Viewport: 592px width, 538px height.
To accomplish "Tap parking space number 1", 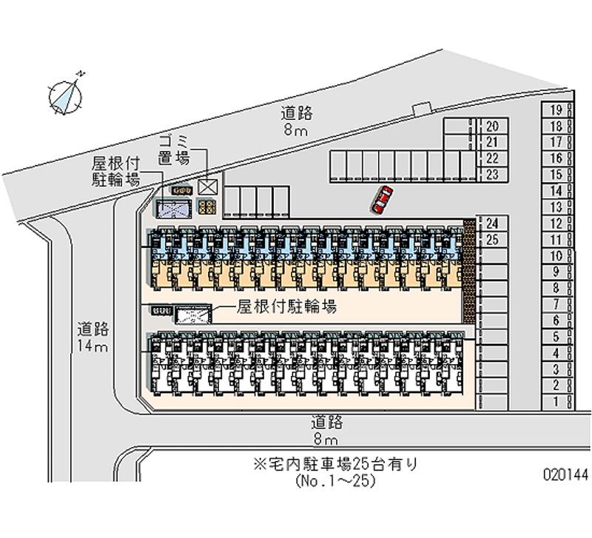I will (x=556, y=401).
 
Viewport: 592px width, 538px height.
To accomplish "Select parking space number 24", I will (x=493, y=223).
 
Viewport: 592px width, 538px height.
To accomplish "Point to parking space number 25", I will (x=493, y=239).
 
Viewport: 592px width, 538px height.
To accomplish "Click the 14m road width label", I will (x=92, y=337).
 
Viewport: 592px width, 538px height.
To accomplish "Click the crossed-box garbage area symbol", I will (x=207, y=187).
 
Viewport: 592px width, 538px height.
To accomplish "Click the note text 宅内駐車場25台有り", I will (x=336, y=465).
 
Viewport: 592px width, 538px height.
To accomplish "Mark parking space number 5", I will (x=556, y=337).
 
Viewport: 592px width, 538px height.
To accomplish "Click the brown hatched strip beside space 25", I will (x=468, y=270).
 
